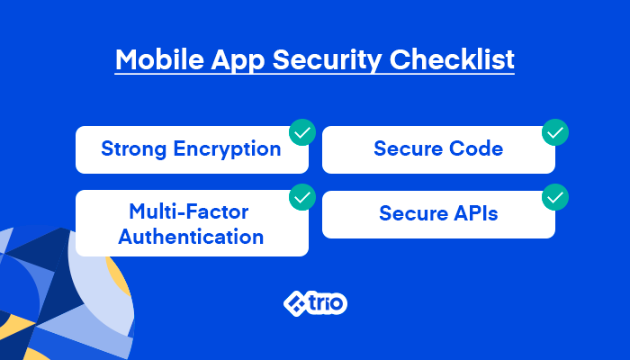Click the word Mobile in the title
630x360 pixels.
point(159,59)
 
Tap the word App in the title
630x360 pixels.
point(238,61)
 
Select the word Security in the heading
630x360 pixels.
point(327,61)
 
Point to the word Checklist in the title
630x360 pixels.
point(452,59)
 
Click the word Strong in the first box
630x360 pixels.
point(134,149)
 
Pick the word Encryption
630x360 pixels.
point(227,149)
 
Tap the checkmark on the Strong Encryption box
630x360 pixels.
point(302,132)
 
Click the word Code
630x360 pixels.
point(476,148)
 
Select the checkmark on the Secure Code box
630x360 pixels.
point(555,132)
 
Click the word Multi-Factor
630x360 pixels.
point(189,211)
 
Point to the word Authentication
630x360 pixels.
point(191,236)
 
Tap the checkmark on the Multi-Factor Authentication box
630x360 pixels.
point(302,197)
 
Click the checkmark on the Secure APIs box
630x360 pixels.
point(555,197)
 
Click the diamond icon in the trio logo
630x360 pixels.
point(295,303)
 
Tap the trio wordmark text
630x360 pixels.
point(327,303)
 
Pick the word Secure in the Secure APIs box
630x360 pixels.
point(413,213)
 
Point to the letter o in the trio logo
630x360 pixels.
point(338,304)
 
